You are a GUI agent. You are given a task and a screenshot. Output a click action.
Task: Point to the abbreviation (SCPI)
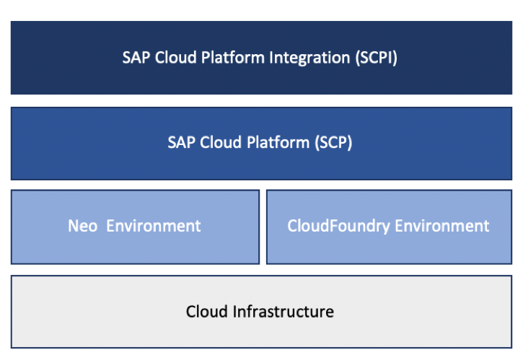(x=376, y=58)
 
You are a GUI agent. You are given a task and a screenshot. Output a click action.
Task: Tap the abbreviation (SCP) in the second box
(x=333, y=142)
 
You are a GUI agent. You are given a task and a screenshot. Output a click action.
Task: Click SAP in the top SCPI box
(x=135, y=58)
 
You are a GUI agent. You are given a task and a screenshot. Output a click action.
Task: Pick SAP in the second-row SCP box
(x=180, y=142)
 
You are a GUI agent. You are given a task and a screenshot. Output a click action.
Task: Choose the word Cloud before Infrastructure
(x=207, y=312)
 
